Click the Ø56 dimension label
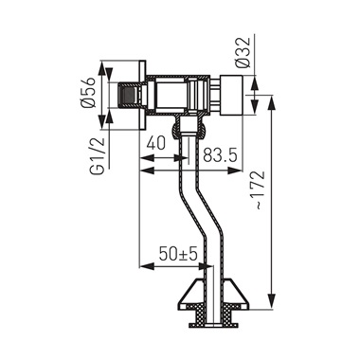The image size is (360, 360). (x=88, y=92)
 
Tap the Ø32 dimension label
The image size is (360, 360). (x=243, y=52)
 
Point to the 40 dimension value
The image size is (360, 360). (x=156, y=144)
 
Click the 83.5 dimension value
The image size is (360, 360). (x=220, y=155)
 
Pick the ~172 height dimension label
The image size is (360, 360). (x=259, y=190)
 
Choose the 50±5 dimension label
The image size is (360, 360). (x=178, y=254)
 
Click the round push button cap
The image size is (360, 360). (x=232, y=95)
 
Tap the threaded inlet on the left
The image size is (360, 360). (x=128, y=95)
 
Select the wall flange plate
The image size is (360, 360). (x=143, y=95)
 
